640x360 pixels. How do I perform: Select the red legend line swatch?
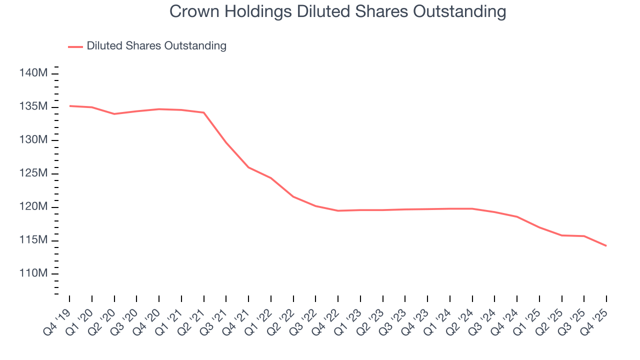75,46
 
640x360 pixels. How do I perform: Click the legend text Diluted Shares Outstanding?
156,46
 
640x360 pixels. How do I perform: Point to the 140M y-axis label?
33,73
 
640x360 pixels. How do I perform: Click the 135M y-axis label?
33,107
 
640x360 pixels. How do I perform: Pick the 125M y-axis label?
33,173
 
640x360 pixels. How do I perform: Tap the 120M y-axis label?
33,207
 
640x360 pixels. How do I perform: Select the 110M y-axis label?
33,273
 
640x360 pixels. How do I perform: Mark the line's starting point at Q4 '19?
69,106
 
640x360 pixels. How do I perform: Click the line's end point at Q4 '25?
606,245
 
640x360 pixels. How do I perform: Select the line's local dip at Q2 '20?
114,114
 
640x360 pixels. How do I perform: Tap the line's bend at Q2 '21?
204,112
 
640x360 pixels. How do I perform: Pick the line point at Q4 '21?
248,167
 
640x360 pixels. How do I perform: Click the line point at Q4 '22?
338,210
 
